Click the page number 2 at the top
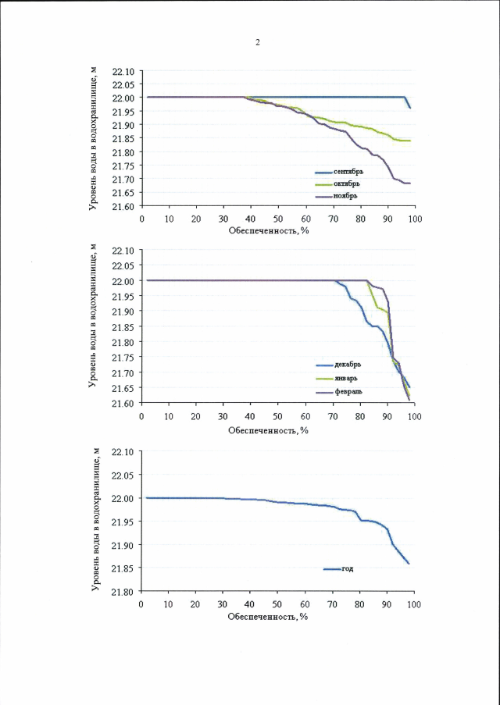(x=257, y=42)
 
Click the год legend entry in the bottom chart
(x=348, y=568)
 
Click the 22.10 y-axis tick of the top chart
(x=124, y=71)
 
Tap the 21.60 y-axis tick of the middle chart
(x=124, y=403)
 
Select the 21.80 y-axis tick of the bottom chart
(x=124, y=591)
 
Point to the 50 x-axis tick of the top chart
(x=277, y=219)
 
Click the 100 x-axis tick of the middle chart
(x=414, y=415)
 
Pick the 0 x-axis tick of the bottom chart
(x=141, y=604)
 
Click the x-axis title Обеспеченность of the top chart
(x=269, y=231)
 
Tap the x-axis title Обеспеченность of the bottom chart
(x=269, y=616)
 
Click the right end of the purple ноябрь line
(x=410, y=183)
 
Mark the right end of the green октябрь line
(x=410, y=141)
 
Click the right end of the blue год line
(x=409, y=563)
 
